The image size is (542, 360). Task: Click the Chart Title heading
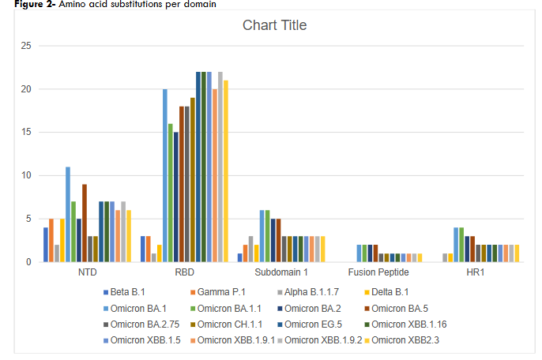tap(274, 25)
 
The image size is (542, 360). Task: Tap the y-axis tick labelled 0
tap(28, 262)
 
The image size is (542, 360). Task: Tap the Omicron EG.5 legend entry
tap(316, 324)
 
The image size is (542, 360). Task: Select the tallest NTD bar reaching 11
tap(68, 214)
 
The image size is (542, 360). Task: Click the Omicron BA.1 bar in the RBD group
tap(165, 175)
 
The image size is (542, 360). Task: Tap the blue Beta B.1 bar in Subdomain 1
tap(240, 257)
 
